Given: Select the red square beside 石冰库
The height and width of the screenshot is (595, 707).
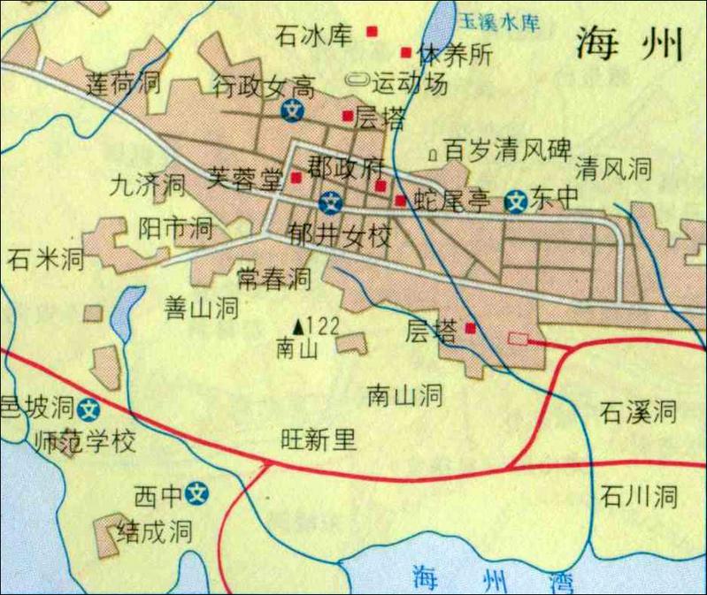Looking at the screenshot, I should (x=373, y=32).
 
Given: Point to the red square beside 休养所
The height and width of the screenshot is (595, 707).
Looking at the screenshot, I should (x=407, y=51).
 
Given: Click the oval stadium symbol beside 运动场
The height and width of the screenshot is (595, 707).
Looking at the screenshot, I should (x=359, y=80).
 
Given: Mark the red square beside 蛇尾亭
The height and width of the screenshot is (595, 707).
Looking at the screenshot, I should (x=401, y=201).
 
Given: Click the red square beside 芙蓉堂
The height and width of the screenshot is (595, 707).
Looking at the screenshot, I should (x=296, y=178).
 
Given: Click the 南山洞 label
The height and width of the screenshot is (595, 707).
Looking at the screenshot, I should (x=404, y=394).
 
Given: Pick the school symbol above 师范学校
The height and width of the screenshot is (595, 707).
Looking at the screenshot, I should (x=88, y=409).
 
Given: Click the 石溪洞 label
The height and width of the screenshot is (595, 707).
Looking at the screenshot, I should (x=637, y=411).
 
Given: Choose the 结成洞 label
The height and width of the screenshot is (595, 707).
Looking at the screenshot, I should (x=155, y=532).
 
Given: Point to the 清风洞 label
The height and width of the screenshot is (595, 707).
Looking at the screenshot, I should (x=613, y=168).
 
